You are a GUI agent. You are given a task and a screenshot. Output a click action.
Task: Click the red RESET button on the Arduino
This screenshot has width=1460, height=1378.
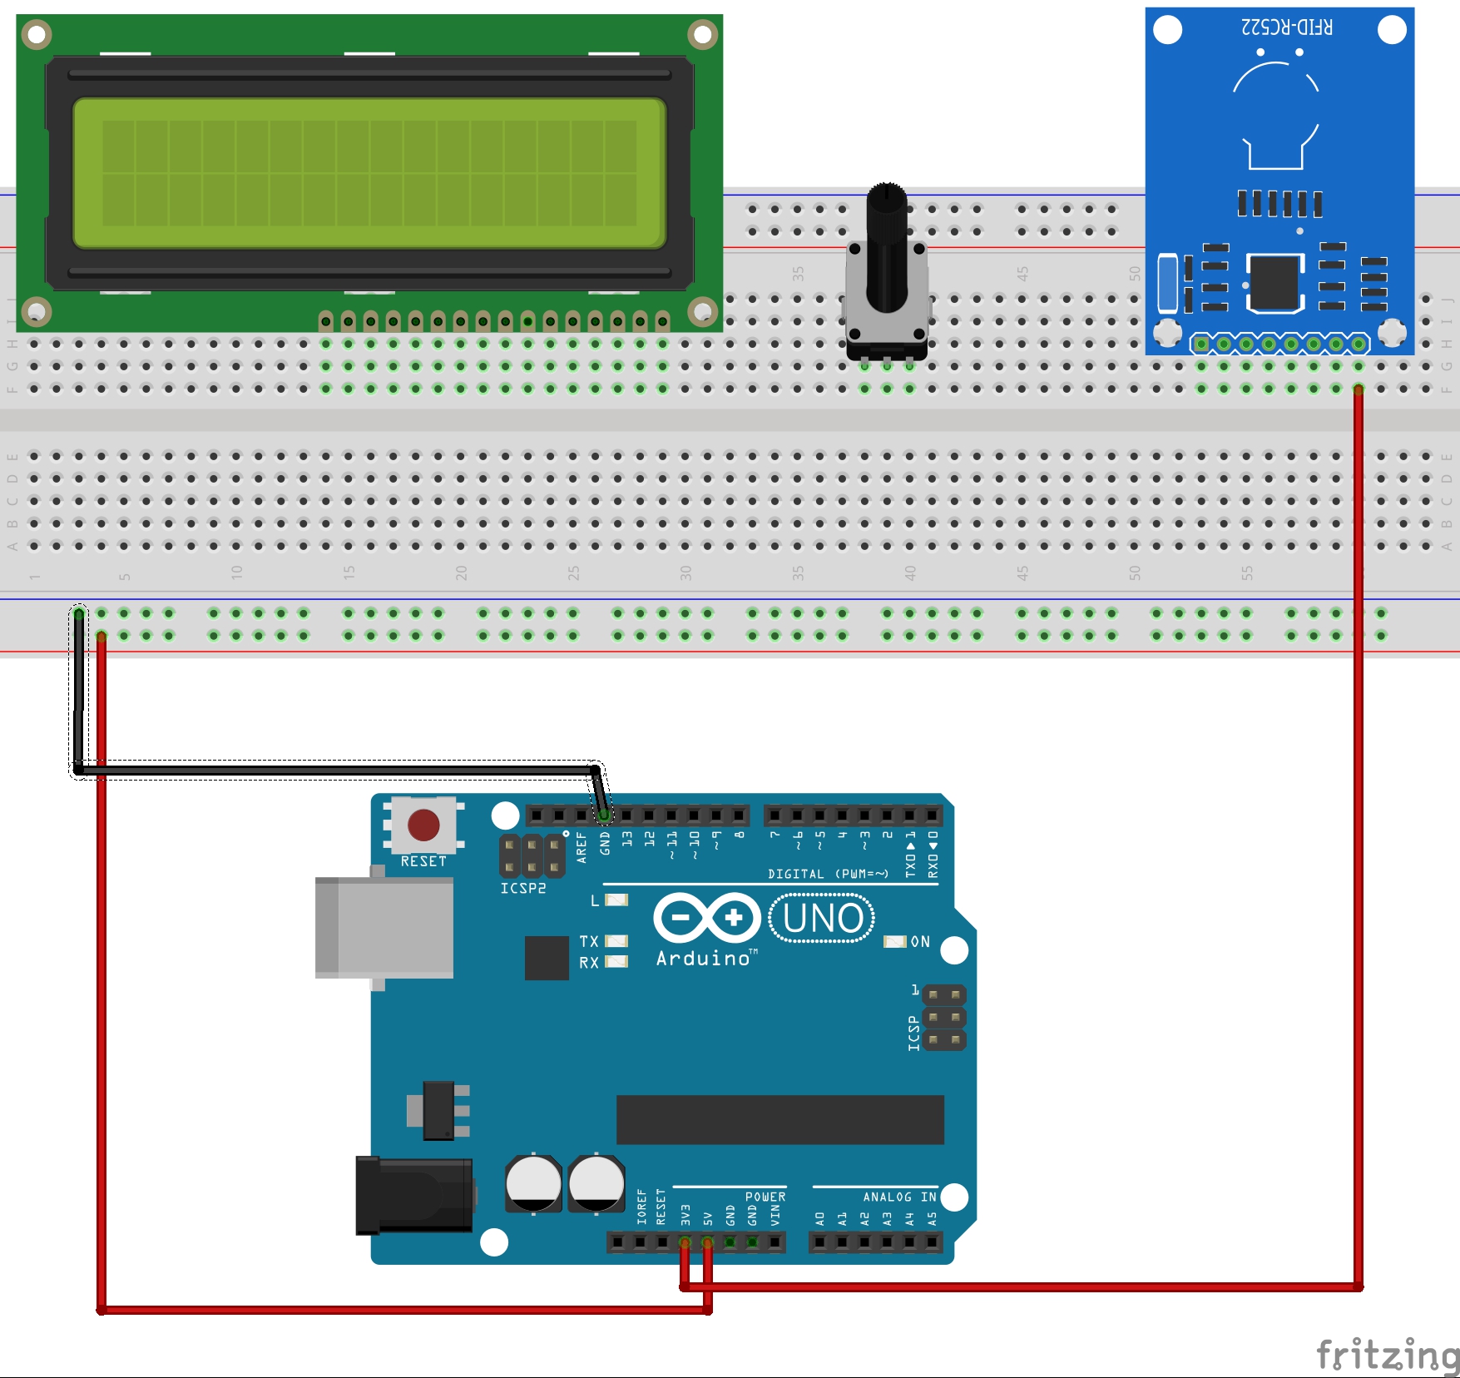423,825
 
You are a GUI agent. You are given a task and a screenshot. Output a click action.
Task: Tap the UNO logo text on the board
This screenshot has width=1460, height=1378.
822,919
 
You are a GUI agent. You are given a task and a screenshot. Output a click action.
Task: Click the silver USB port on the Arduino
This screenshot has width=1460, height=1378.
384,927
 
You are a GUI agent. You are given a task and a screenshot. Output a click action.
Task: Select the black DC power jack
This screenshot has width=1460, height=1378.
413,1195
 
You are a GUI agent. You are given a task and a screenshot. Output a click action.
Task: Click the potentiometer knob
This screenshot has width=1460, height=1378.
887,250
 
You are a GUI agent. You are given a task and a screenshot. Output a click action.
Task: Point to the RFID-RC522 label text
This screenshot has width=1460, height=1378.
1286,27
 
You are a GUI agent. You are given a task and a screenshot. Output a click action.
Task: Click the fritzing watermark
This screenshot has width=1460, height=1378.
1387,1355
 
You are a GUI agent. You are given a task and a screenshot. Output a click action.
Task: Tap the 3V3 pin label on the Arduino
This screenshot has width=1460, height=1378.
685,1214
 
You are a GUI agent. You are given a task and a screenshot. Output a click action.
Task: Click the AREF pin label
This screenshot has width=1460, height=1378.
582,847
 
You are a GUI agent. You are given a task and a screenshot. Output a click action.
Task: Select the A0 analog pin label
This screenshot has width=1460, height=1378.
819,1218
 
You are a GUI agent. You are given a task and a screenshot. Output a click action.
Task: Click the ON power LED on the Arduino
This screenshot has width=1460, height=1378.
895,941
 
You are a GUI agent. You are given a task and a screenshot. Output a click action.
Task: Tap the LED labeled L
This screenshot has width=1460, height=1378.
616,900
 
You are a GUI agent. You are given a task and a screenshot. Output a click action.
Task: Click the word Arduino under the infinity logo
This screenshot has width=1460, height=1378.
704,959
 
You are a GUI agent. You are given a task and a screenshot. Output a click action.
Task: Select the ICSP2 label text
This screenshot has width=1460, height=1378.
523,888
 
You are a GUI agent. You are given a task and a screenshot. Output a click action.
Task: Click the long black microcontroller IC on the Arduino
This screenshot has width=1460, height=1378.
779,1119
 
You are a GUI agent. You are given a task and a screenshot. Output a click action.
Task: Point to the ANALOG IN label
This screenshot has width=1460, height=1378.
899,1197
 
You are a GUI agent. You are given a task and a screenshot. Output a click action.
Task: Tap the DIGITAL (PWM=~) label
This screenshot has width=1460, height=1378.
828,874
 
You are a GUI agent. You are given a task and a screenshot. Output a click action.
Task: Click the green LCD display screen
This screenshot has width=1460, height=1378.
369,173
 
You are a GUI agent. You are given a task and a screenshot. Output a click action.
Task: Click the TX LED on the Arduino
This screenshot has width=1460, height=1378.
616,941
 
